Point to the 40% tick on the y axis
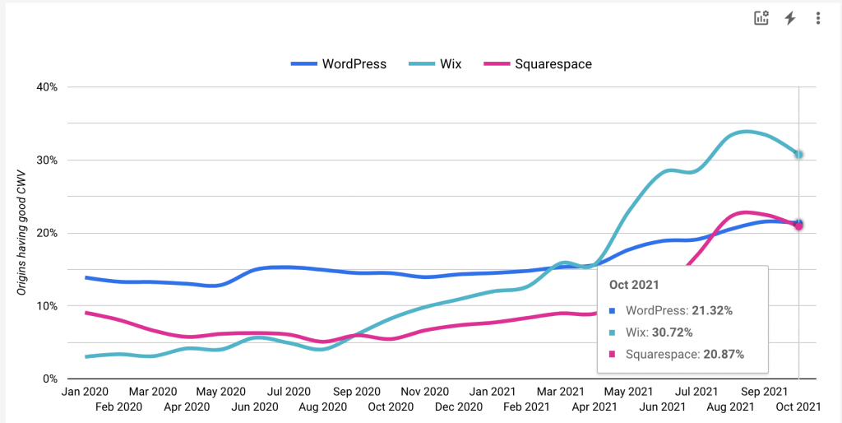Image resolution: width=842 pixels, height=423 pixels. coord(46,87)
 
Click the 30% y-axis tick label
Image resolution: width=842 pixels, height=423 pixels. coord(46,160)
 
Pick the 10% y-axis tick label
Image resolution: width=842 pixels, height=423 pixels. coord(46,306)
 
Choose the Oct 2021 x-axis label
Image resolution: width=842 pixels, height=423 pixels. coord(798,407)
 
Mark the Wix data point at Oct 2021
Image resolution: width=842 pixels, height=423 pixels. coord(798,155)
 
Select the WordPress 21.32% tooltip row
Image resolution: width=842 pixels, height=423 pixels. coord(678,311)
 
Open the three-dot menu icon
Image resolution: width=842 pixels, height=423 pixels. coord(818,18)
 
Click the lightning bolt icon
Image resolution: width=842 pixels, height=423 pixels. coord(790,18)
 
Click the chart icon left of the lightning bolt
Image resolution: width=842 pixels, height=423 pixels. coord(761,18)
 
